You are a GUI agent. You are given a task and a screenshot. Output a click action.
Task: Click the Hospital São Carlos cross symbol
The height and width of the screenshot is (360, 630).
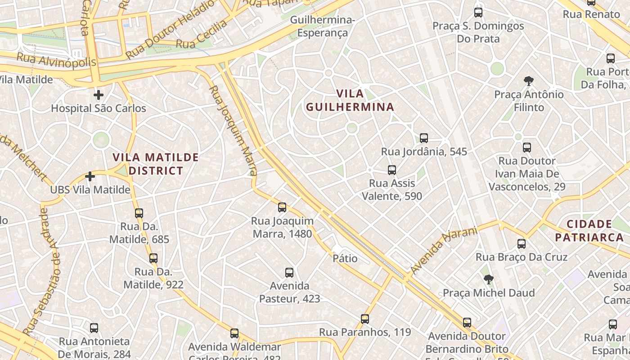99,95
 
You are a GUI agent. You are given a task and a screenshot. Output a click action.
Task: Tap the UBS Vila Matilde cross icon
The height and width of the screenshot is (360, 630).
90,176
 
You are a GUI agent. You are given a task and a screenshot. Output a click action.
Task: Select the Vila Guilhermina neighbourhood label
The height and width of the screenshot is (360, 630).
350,100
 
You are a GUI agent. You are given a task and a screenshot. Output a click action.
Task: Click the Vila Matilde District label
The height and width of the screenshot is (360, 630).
156,164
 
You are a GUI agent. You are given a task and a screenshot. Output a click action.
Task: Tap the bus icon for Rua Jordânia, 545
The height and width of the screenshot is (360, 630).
423,138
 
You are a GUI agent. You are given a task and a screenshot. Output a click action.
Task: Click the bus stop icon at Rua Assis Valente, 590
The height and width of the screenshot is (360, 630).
392,170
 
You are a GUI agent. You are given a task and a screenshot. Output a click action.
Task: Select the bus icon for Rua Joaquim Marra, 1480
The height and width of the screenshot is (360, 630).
282,207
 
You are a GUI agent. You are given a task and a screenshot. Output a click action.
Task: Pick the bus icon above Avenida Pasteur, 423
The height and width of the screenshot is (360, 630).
289,273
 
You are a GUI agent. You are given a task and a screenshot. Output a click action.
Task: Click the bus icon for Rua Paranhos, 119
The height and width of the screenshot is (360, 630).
365,319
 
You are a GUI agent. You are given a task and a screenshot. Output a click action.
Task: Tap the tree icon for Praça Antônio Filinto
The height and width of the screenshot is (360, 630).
529,81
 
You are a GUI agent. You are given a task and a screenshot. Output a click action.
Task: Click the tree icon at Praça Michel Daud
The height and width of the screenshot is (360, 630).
489,279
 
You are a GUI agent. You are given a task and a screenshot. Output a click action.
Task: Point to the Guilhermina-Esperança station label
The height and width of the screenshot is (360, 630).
323,27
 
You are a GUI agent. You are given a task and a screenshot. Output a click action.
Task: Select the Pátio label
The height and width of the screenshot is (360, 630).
345,258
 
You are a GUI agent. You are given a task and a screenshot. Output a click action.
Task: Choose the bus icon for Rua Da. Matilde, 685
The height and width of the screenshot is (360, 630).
139,213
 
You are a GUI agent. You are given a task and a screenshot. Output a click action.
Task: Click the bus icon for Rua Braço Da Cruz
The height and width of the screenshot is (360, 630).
522,244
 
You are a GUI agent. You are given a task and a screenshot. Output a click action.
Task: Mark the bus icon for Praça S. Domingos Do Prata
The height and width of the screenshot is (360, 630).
478,13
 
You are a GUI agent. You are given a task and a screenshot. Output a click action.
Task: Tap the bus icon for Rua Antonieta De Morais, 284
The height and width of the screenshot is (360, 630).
94,328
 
